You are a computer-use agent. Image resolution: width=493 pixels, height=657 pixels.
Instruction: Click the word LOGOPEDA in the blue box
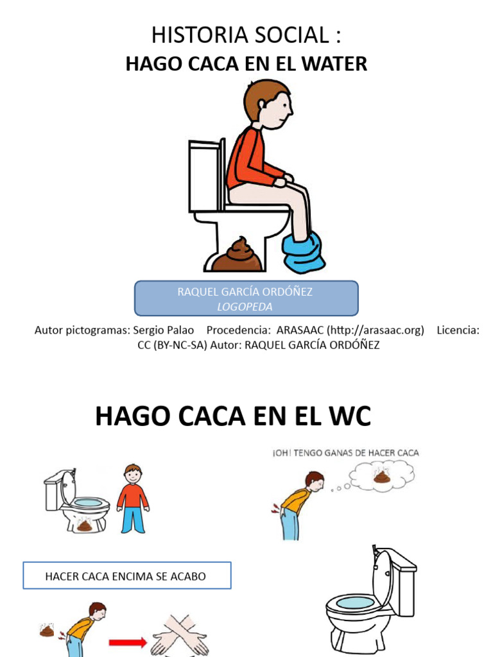245,307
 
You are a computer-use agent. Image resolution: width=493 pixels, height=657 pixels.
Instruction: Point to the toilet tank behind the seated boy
205,176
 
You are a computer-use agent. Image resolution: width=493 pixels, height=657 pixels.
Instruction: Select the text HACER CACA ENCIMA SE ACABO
126,576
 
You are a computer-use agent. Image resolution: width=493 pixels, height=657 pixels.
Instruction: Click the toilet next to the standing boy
74,500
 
